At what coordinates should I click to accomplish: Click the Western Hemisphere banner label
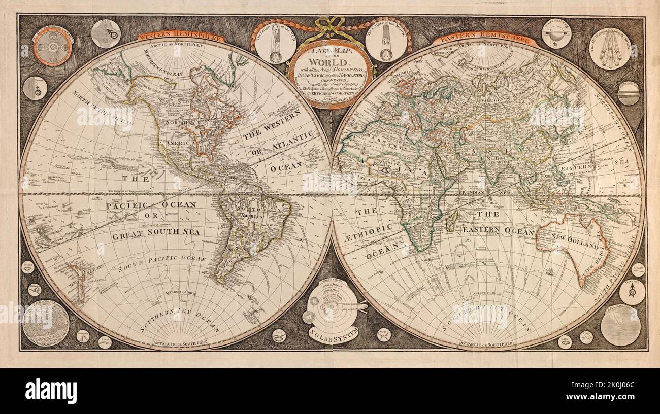click(181, 37)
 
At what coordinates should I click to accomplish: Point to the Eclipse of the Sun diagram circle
click(275, 44)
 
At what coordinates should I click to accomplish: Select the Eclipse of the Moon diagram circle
click(385, 43)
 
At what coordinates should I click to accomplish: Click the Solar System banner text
click(333, 332)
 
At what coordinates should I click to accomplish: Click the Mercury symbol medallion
click(632, 292)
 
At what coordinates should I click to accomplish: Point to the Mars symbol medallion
click(106, 33)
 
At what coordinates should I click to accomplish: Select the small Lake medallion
click(564, 341)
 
